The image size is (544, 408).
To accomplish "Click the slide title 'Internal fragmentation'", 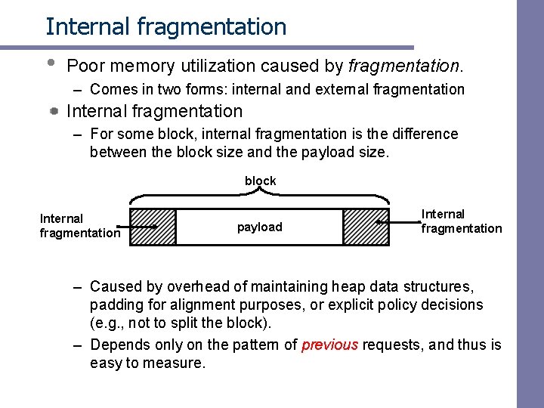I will pyautogui.click(x=165, y=26).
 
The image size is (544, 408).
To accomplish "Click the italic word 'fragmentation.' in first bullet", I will pyautogui.click(x=405, y=66).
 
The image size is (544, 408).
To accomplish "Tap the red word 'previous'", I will pyautogui.click(x=329, y=345).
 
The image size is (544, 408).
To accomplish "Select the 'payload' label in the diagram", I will pyautogui.click(x=259, y=227).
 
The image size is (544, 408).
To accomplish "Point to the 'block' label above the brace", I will pyautogui.click(x=260, y=181).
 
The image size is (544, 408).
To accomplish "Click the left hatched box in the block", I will pyautogui.click(x=153, y=227).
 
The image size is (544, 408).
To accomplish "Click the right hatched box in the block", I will pyautogui.click(x=366, y=227).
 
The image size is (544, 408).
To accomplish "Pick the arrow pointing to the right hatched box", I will pyautogui.click(x=399, y=222).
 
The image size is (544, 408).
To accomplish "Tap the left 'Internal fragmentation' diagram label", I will pyautogui.click(x=79, y=226).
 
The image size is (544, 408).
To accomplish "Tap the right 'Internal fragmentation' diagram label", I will pyautogui.click(x=461, y=221).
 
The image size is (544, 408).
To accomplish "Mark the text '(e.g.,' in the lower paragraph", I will pyautogui.click(x=110, y=323).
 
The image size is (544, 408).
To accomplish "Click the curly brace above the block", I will pyautogui.click(x=260, y=196).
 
